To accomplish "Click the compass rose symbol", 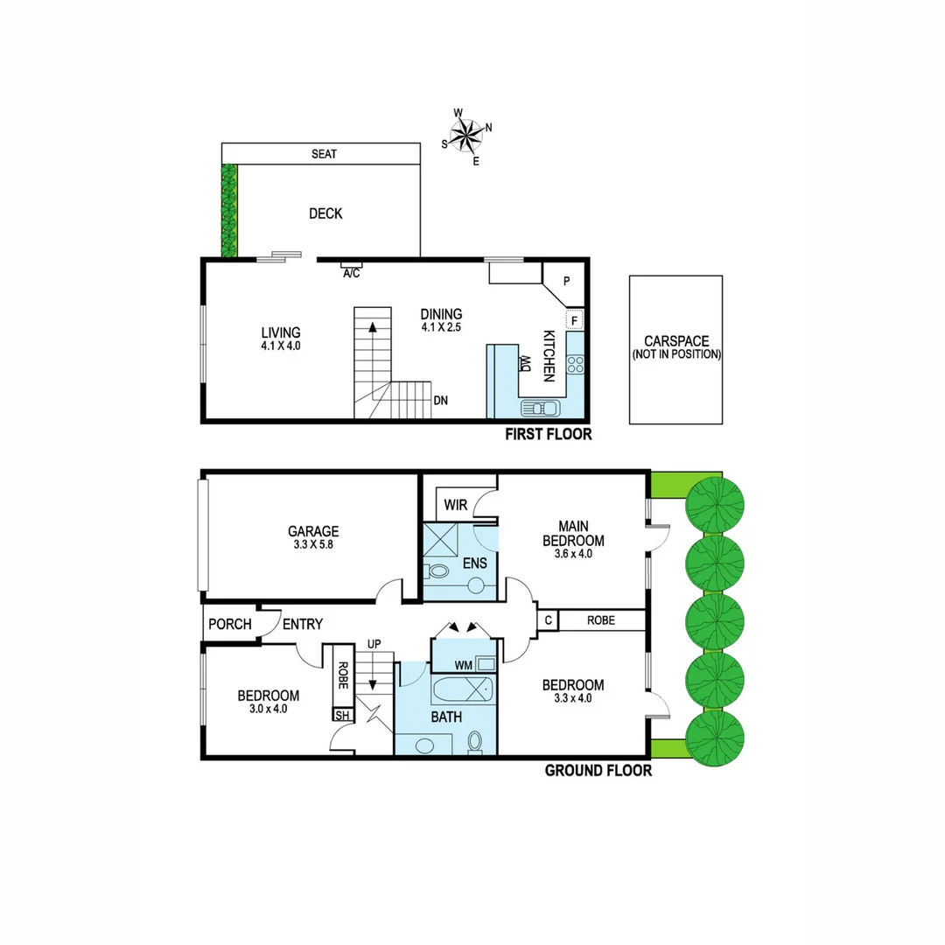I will coord(467,136).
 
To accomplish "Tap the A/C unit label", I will coord(351,273).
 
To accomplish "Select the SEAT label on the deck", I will coord(324,154).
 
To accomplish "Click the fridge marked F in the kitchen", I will coord(574,320).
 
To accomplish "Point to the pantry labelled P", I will coord(566,282).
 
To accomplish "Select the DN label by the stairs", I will coord(441,401).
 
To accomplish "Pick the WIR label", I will coord(455,505).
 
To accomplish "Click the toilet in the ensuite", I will coord(437,572).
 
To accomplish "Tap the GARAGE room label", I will coord(313,531).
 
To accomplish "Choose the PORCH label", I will coord(230,625).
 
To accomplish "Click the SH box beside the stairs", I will coord(339,715).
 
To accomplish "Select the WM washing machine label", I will coord(465,666).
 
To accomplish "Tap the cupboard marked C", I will coord(547,620).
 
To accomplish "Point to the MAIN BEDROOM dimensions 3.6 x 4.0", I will coord(573,553).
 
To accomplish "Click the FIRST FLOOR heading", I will coord(549,435).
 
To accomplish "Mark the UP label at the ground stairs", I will coord(374,644).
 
